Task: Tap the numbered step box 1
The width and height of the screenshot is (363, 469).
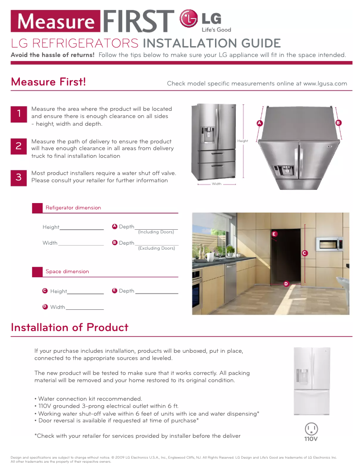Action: click(19, 114)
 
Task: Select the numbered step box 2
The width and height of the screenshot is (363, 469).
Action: click(19, 146)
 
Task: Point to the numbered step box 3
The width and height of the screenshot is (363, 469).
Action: click(19, 177)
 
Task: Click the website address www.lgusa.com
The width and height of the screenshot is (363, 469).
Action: click(325, 84)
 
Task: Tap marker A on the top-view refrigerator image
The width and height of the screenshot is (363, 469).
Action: click(259, 123)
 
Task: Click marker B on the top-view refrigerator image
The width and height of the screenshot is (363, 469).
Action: click(338, 123)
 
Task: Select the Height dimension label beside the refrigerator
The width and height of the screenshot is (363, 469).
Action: click(243, 141)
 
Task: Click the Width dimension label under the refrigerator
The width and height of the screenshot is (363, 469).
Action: click(217, 184)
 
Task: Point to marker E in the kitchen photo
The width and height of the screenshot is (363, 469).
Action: click(274, 234)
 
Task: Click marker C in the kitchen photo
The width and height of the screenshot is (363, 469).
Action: click(305, 253)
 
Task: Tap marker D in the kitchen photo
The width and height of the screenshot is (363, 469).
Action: click(286, 284)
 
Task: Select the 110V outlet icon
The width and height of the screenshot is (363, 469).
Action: click(311, 431)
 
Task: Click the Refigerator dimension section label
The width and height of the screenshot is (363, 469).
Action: click(73, 208)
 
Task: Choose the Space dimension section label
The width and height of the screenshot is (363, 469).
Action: click(67, 272)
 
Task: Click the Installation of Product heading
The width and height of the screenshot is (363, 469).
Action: click(70, 327)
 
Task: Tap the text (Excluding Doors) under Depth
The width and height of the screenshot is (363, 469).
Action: click(157, 248)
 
